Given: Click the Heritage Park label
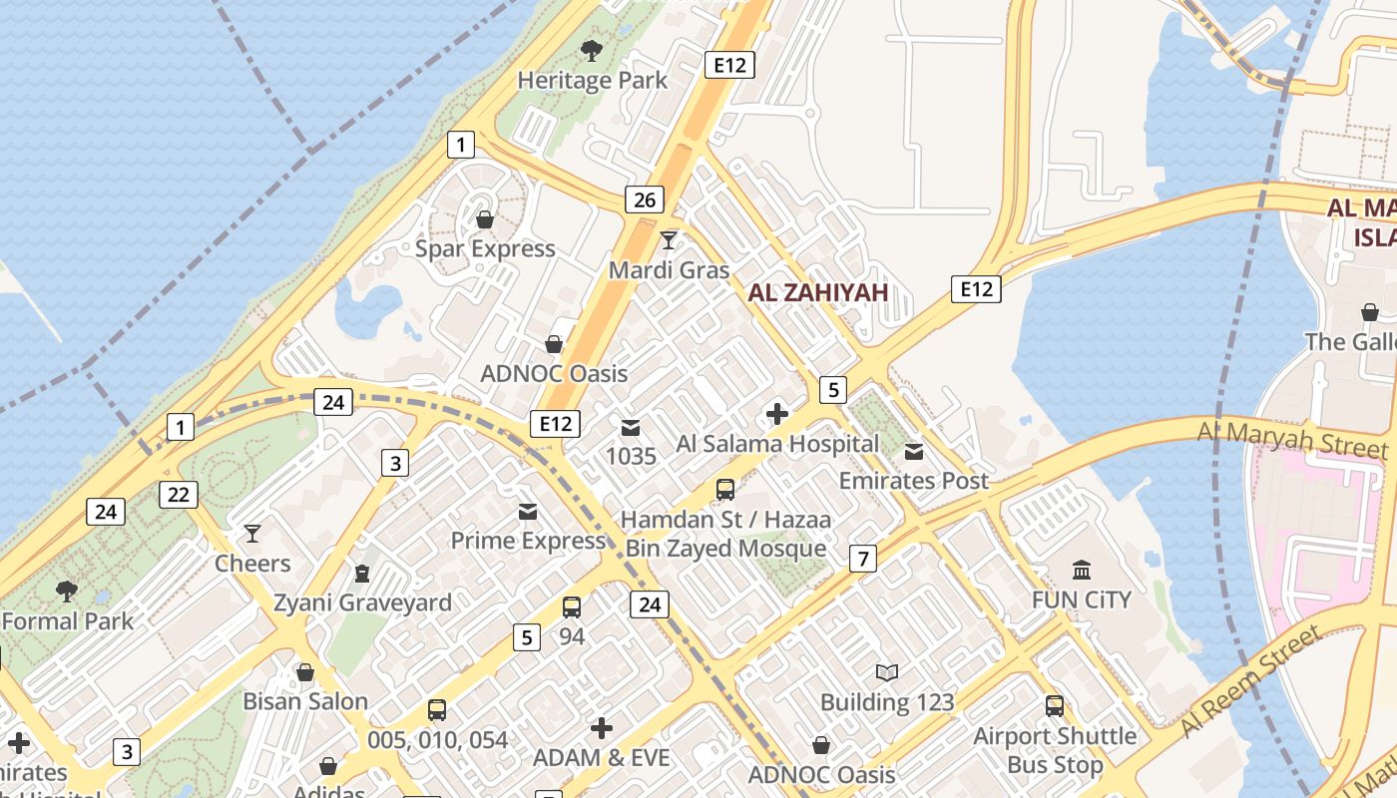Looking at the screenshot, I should (592, 81).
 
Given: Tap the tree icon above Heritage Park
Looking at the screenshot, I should (592, 50).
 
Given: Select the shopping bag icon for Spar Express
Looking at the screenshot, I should (485, 218).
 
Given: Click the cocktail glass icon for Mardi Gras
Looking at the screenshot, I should (669, 240).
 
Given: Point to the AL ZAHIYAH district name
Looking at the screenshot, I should (817, 292).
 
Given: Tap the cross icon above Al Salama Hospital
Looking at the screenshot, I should (777, 413).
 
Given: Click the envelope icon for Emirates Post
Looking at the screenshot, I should (914, 451).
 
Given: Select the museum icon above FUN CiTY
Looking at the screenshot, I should (1081, 570).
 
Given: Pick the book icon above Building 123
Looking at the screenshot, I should (887, 672).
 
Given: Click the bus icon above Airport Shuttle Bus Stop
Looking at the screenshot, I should (1055, 705).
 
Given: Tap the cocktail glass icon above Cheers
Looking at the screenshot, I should (252, 534).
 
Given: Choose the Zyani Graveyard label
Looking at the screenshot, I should (362, 602).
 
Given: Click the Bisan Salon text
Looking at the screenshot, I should (305, 701).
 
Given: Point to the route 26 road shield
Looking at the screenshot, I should (645, 199).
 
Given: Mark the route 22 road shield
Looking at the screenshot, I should (179, 495).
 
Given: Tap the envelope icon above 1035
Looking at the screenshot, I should (631, 427).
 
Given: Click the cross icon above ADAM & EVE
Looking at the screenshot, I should (601, 728).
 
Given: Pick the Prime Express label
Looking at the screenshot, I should (528, 541).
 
